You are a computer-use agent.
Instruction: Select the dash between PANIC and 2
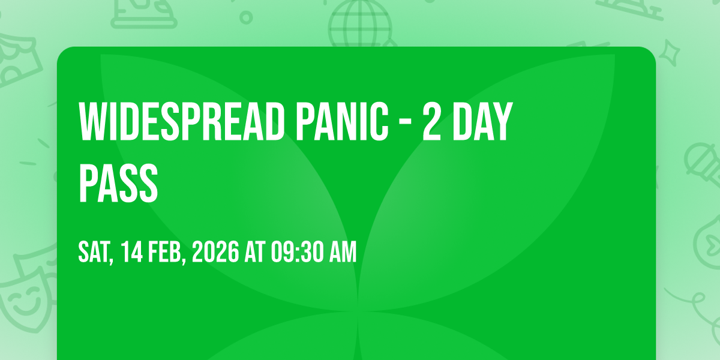pos(406,123)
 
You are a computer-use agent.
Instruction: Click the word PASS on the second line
pos(118,182)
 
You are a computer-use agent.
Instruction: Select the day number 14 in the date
pos(132,252)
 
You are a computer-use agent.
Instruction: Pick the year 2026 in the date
pos(215,252)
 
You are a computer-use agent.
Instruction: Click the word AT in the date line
pos(255,252)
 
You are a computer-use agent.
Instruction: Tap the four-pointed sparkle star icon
pos(670,53)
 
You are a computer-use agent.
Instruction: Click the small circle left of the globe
pos(246,17)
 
